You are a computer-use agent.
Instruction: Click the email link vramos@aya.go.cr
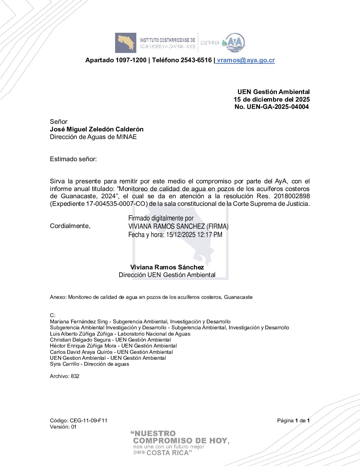tap(246, 60)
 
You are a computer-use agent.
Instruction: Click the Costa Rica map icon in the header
tap(126, 43)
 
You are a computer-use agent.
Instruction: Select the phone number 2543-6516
tap(196, 60)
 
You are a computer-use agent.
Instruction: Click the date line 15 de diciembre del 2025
tap(272, 99)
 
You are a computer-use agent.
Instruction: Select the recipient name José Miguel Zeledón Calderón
tap(97, 129)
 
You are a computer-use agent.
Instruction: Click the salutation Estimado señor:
tap(73, 159)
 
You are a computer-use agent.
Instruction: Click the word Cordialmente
tap(70, 226)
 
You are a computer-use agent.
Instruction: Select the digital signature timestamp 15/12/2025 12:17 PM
tap(194, 235)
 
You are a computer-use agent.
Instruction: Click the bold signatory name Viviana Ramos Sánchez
tap(167, 267)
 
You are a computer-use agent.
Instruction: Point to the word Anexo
tap(58, 297)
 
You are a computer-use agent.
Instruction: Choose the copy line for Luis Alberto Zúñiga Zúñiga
tap(120, 334)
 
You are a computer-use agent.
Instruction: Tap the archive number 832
tap(75, 376)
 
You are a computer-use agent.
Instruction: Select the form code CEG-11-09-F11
tap(88, 421)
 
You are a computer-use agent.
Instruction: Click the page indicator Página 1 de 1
tap(293, 421)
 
